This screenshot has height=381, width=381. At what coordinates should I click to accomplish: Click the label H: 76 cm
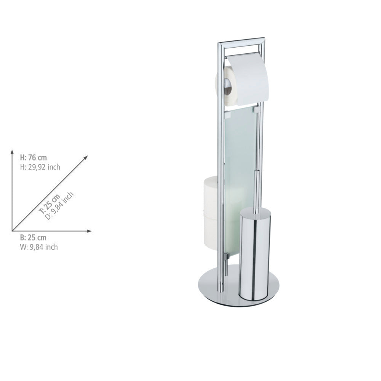tap(33, 158)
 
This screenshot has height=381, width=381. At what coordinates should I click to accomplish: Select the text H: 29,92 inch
tap(40, 167)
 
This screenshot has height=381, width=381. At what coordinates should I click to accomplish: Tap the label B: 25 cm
tap(33, 237)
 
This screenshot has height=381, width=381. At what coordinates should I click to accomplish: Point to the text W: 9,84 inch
tap(39, 247)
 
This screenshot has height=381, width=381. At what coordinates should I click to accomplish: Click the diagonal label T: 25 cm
tap(50, 204)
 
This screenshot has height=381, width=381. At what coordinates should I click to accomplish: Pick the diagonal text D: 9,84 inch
tap(59, 206)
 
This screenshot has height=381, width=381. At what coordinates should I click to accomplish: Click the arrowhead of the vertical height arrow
tap(12, 152)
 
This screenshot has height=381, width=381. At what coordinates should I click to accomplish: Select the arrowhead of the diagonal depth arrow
tap(86, 157)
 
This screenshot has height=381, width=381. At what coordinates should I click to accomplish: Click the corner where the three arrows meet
tap(12, 231)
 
